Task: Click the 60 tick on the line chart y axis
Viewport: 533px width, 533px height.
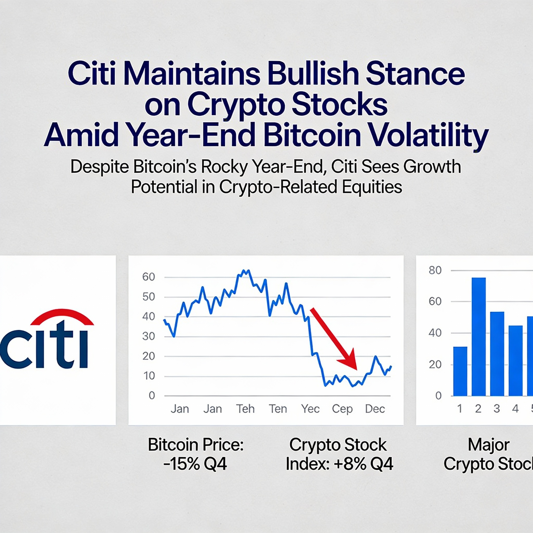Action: tap(148, 277)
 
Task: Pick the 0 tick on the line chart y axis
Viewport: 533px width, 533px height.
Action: tap(152, 396)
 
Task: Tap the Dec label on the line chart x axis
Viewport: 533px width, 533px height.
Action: tap(375, 409)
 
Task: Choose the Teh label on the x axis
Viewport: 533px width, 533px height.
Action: tap(245, 409)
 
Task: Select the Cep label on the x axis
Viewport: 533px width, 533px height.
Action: tap(342, 409)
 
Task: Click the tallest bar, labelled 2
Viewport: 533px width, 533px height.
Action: tap(479, 337)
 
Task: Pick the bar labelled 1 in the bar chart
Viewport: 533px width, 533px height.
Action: tap(460, 371)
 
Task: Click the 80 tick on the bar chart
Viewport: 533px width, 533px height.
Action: tap(435, 270)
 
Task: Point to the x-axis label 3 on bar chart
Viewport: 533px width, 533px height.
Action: tap(497, 409)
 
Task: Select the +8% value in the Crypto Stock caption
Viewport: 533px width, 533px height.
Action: tap(350, 464)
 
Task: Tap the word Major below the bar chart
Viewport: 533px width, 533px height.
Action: tap(488, 445)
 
